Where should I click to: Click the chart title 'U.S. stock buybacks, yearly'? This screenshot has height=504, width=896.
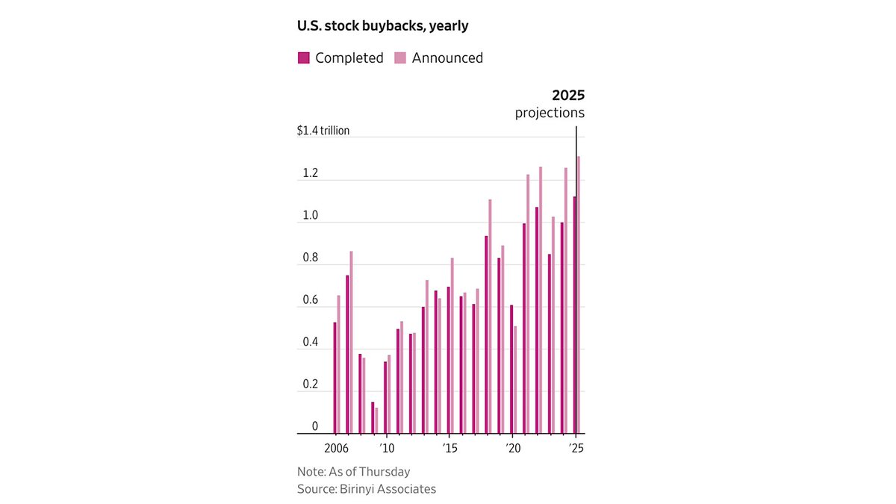[382, 26]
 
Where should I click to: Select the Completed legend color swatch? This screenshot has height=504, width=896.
[304, 58]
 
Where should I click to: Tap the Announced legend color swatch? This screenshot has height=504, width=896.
[400, 58]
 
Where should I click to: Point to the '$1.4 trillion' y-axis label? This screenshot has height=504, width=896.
[323, 131]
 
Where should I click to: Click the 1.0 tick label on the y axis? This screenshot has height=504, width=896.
[311, 215]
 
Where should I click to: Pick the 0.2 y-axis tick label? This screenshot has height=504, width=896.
[311, 384]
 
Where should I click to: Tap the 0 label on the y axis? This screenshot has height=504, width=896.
[315, 426]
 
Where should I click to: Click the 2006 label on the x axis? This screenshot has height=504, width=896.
[336, 449]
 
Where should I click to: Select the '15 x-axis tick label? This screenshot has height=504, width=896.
[449, 449]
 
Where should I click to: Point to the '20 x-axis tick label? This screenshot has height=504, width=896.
[513, 449]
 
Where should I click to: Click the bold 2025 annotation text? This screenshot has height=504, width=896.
[568, 96]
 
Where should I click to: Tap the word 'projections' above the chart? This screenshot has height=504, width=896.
[550, 113]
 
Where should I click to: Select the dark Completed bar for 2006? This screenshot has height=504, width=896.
[335, 378]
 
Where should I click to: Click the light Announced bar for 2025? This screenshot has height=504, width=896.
[579, 295]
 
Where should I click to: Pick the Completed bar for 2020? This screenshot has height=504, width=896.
[511, 369]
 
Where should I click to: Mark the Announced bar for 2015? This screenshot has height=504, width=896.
[452, 346]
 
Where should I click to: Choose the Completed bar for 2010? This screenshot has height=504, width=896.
[385, 397]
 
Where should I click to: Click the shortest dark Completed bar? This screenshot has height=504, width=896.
[373, 417]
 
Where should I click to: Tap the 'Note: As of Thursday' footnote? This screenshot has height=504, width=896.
[354, 472]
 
